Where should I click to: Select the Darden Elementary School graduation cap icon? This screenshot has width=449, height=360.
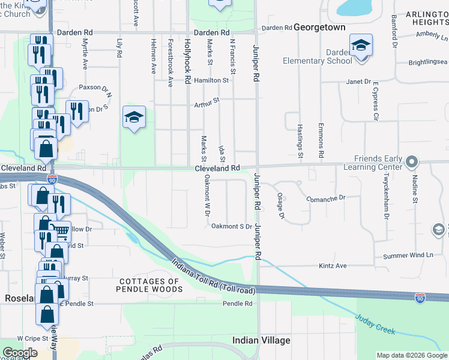tap(361, 46)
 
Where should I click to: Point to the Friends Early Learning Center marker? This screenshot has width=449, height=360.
tap(411, 162)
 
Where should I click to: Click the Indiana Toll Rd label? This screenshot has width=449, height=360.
tap(213, 277)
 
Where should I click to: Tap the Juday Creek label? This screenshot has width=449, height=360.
tap(377, 326)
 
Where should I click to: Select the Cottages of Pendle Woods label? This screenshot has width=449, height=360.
tap(150, 285)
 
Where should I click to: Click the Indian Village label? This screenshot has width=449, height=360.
tap(261, 340)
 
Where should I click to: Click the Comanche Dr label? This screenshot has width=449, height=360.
tap(326, 198)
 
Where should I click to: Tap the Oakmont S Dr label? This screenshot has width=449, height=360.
tap(231, 226)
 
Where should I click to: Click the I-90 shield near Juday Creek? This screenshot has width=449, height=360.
tap(420, 298)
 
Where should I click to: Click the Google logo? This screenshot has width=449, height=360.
tap(20, 353)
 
